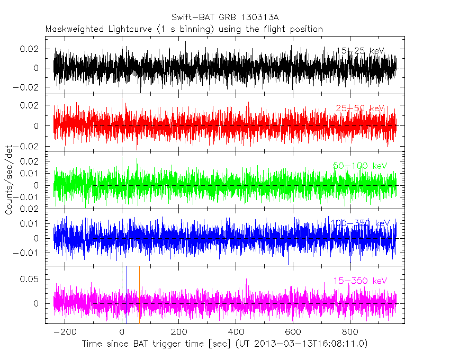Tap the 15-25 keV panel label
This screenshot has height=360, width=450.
pos(360,51)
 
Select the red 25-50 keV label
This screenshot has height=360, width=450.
pos(361,109)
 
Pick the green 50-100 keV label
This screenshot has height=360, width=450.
pos(360,166)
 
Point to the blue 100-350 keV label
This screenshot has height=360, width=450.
pos(360,223)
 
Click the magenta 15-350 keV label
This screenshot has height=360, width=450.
pos(360,280)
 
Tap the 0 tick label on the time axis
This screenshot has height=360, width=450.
pos(122,332)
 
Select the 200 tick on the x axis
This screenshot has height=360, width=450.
pos(179,332)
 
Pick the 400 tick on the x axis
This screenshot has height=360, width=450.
pos(236,332)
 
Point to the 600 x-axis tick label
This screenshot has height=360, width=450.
pos(293,332)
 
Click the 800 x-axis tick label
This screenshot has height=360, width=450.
pos(349,332)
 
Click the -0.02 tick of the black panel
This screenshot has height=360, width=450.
pos(28,87)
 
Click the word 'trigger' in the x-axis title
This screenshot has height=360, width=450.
pos(159,344)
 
